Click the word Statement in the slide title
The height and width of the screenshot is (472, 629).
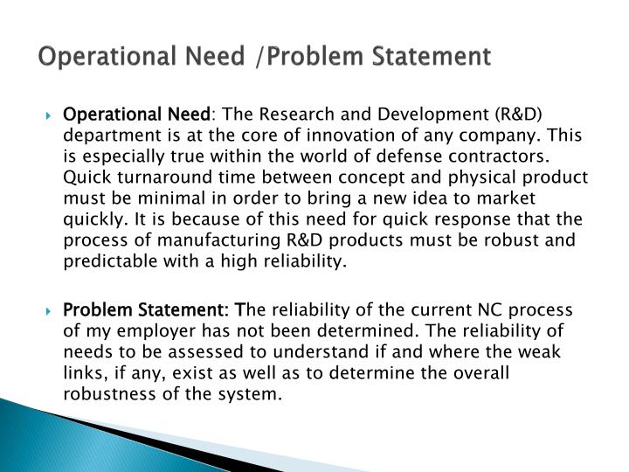coord(437,58)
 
